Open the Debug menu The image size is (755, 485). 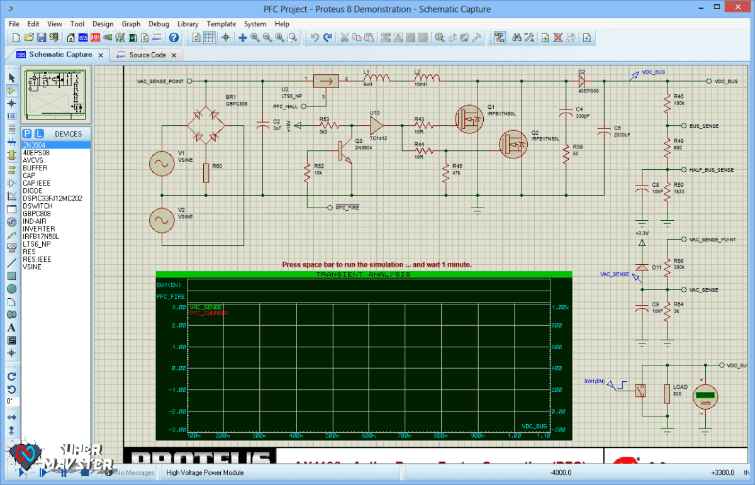click(x=159, y=24)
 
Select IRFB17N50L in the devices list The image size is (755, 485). click(x=41, y=237)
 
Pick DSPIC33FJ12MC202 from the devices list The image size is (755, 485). click(x=52, y=198)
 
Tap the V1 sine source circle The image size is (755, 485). click(x=161, y=164)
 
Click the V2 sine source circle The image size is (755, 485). click(x=161, y=220)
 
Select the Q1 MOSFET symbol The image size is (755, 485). click(x=469, y=119)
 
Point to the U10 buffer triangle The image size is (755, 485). click(x=376, y=125)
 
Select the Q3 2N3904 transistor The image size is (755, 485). click(x=343, y=151)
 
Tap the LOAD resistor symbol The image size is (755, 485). click(x=667, y=394)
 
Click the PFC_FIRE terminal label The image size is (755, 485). click(x=347, y=208)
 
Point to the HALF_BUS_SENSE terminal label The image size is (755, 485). click(x=711, y=170)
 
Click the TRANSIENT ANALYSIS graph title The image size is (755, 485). click(x=363, y=275)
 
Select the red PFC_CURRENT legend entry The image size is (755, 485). click(x=209, y=313)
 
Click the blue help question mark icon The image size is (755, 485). click(x=174, y=38)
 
